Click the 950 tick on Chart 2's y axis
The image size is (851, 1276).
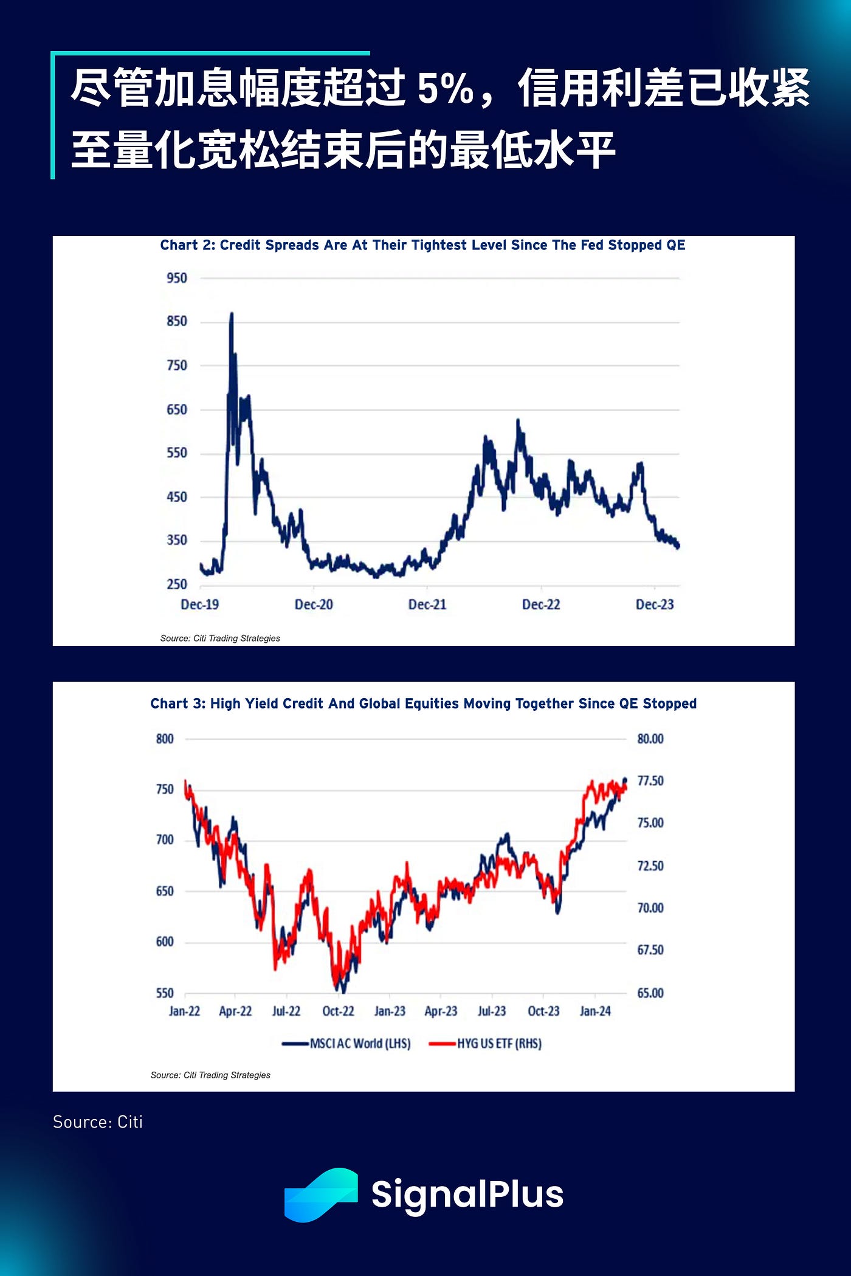click(177, 278)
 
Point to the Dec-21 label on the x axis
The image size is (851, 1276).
click(427, 605)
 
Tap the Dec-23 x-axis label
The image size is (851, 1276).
click(655, 605)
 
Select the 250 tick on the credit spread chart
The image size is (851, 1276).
click(177, 584)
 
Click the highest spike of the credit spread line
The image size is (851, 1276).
click(232, 315)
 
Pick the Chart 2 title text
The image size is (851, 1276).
click(422, 245)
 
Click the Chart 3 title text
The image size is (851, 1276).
click(423, 704)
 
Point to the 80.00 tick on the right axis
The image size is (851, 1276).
click(650, 739)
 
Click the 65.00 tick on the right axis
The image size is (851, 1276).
click(650, 993)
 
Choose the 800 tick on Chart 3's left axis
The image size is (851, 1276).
click(165, 739)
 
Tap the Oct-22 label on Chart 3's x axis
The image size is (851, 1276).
click(338, 1011)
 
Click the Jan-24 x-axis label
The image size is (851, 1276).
click(595, 1011)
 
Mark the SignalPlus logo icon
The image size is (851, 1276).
click(321, 1195)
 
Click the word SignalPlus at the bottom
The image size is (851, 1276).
click(467, 1195)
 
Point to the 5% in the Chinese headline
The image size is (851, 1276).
click(445, 89)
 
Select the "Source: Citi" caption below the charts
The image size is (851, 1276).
click(98, 1122)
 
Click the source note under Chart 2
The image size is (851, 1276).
click(220, 639)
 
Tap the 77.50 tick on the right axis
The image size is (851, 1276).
click(650, 781)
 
